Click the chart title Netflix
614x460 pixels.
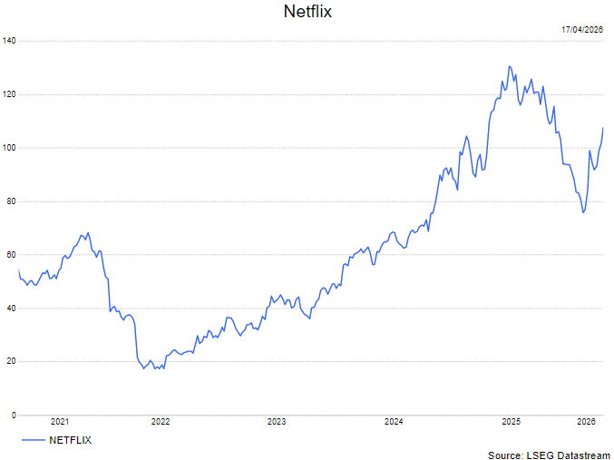tap(307, 12)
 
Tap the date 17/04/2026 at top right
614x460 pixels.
tap(582, 30)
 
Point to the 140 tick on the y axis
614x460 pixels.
tap(9, 41)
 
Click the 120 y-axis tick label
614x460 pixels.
tap(9, 94)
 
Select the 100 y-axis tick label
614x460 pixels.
tap(9, 148)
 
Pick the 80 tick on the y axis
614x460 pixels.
tap(11, 201)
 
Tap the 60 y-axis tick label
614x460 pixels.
tap(11, 255)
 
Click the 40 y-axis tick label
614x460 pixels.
tap(11, 308)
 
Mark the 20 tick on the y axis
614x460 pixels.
tap(11, 362)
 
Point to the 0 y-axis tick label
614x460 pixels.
tap(13, 416)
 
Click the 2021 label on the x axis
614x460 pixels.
tap(60, 421)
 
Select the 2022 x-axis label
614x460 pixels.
tap(161, 421)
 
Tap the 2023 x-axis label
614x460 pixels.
tap(277, 421)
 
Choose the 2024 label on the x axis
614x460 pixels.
tap(394, 421)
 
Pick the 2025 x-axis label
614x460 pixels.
tap(511, 421)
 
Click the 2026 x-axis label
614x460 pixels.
tap(586, 421)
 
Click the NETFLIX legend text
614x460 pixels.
tap(70, 440)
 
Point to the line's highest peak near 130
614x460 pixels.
tap(510, 66)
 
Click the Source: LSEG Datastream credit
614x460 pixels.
tap(549, 455)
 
